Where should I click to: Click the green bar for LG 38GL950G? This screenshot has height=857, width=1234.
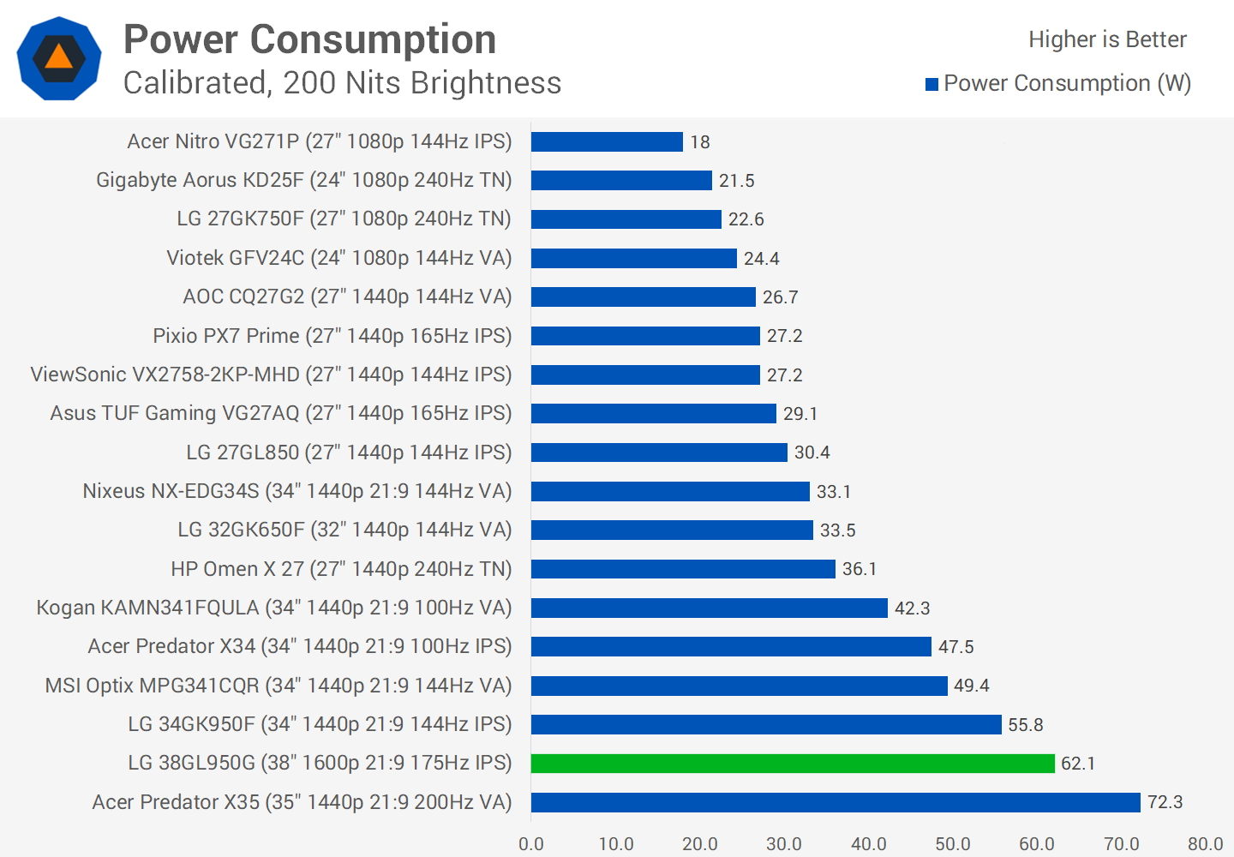point(793,763)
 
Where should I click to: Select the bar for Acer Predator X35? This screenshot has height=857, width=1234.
point(836,802)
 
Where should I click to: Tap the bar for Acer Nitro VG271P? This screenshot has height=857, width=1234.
point(607,141)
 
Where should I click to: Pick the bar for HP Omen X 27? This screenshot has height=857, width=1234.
point(683,569)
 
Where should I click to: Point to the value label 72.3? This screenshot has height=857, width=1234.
point(1165,802)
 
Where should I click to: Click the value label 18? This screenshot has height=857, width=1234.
point(700,142)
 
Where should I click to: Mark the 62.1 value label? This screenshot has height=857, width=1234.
point(1078,764)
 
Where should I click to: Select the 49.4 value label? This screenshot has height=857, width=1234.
point(972,686)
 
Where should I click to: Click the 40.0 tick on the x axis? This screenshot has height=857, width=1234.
point(869,843)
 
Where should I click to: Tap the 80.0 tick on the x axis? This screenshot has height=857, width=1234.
point(1206,843)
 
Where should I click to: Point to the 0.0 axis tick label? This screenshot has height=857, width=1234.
point(531,843)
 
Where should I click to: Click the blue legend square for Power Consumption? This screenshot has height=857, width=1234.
point(931,84)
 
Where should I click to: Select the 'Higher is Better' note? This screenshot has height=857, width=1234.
point(1107,39)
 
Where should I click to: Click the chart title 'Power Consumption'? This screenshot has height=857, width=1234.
point(310,39)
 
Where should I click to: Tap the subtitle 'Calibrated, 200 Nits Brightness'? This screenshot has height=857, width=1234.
point(342,83)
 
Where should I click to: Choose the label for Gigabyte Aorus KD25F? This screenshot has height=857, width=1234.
point(303,180)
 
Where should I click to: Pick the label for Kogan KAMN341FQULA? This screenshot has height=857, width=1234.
point(274,608)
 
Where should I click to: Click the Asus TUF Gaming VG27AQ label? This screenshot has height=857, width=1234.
point(281,413)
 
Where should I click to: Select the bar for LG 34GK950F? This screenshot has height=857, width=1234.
point(766,724)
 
